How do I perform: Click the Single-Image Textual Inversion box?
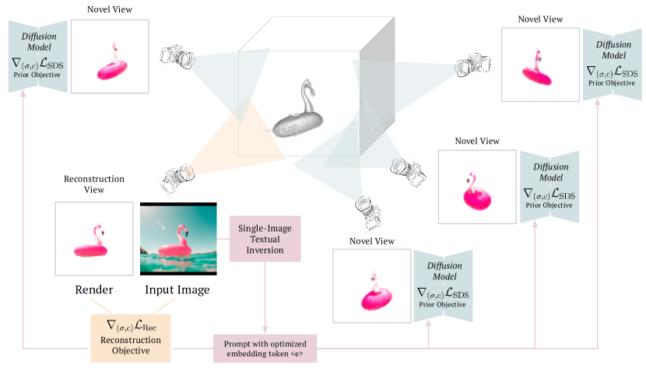pos(265,239)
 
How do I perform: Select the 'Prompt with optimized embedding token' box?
pos(265,348)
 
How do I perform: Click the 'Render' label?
pos(94,290)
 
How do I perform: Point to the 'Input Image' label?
pos(177,290)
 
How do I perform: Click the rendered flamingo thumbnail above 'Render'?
pos(94,239)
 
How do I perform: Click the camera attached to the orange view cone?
pos(176,178)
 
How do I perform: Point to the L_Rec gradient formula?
pos(129,323)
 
